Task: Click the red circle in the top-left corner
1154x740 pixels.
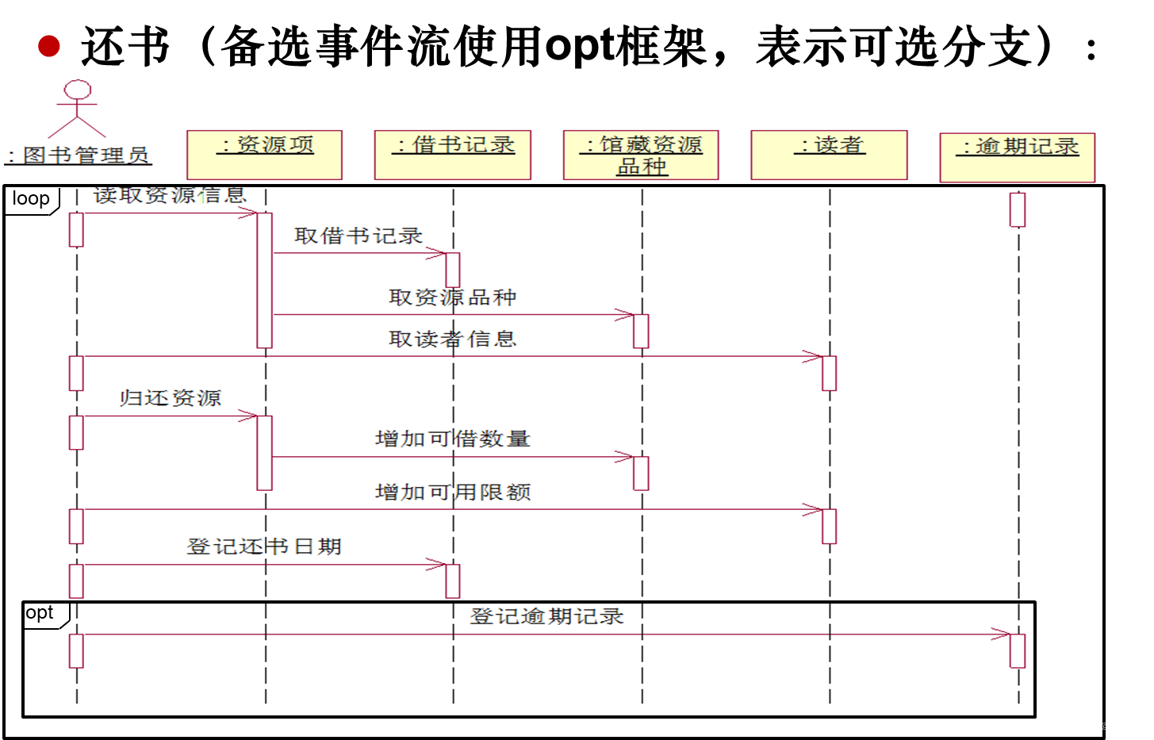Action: coord(49,46)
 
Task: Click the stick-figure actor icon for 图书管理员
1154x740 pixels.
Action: coord(77,109)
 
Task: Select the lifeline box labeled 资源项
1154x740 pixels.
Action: coord(264,155)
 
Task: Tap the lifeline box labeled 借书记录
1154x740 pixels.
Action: coord(452,155)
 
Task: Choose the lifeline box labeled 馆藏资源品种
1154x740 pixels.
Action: coord(641,155)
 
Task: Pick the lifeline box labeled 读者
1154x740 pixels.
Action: coord(829,155)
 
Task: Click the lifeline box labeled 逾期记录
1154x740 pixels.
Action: coord(1017,157)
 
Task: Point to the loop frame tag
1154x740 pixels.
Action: coord(32,199)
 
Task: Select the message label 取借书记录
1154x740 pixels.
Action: coord(358,236)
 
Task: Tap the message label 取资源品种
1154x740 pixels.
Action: coord(452,297)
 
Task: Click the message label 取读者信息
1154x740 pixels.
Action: coord(452,339)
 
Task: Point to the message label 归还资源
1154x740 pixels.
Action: coord(171,398)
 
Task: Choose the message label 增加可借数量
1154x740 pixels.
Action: coord(452,439)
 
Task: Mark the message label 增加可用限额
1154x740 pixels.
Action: coord(452,493)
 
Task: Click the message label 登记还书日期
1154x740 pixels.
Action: coord(264,546)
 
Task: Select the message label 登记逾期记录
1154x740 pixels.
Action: coord(546,616)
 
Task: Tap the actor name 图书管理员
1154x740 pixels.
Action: coord(79,155)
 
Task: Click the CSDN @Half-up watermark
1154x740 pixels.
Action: coord(1105,727)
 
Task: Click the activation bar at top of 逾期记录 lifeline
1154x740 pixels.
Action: coord(1018,209)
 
